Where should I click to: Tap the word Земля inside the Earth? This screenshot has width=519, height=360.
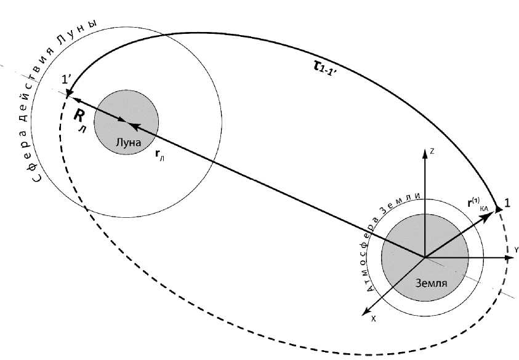430,284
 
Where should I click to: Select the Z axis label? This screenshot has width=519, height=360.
433,150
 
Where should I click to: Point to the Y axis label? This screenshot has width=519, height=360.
516,249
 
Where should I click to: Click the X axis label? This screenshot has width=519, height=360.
373,319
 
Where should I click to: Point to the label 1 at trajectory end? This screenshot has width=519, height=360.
507,202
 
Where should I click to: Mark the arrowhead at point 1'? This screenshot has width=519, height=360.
66,94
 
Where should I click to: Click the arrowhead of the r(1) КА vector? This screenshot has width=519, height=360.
499,210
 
